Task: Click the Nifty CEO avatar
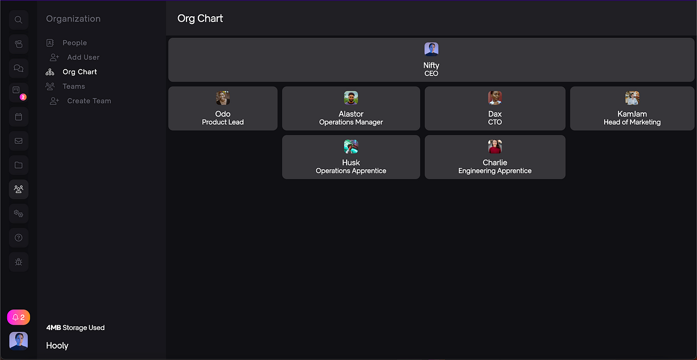(431, 49)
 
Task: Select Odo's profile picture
(223, 98)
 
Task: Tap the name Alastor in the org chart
(351, 114)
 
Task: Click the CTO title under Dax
(495, 122)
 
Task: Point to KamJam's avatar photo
(632, 98)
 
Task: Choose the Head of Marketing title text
(632, 122)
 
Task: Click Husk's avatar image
(351, 146)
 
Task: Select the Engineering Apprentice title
(495, 171)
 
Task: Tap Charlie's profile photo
(495, 146)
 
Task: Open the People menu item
(74, 43)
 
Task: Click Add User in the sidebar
(83, 58)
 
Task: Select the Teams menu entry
(74, 86)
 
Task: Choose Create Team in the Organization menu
(89, 101)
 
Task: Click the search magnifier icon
(19, 20)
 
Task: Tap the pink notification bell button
(19, 317)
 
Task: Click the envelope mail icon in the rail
(19, 141)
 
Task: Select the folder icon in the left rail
(19, 165)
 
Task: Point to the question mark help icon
(19, 238)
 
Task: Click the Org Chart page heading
(200, 19)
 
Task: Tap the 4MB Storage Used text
(76, 328)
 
